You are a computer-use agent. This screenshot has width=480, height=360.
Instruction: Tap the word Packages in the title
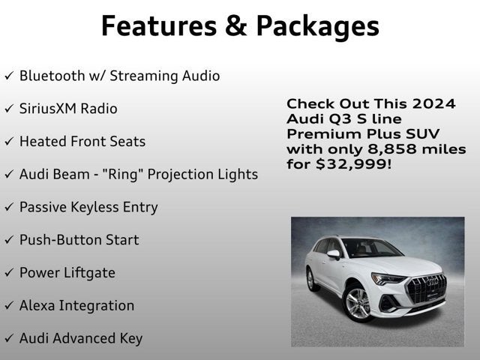[x=318, y=27]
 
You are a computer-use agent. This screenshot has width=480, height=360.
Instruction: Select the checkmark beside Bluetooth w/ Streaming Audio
[x=9, y=76]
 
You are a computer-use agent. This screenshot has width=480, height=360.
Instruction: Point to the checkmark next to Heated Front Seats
[x=9, y=142]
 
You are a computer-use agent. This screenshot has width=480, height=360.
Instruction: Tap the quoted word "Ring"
[x=120, y=174]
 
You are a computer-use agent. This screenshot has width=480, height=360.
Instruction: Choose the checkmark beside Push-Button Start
[x=9, y=241]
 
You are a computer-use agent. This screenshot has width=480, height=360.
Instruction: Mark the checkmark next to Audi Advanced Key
[x=9, y=339]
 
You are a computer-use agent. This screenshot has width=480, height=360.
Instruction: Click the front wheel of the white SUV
[x=357, y=302]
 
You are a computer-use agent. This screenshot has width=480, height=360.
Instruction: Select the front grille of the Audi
[x=425, y=289]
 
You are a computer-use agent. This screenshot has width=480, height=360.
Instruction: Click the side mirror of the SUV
[x=333, y=254]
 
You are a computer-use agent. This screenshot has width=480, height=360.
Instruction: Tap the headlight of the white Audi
[x=389, y=279]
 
